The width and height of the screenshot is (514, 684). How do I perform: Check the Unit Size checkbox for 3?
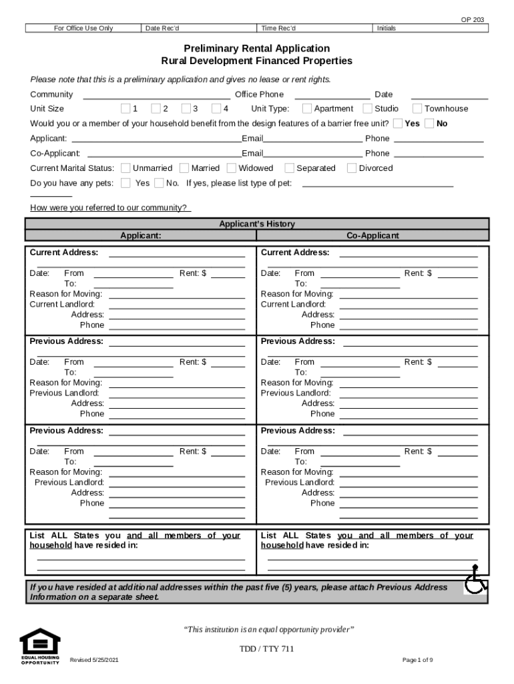[x=186, y=109]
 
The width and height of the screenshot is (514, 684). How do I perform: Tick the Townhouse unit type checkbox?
[x=417, y=109]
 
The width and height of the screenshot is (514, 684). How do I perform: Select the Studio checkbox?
[x=368, y=109]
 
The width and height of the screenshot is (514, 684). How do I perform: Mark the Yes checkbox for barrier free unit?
[x=398, y=124]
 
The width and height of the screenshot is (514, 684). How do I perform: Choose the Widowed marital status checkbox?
[x=232, y=168]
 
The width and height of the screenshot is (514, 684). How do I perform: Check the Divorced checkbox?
[x=352, y=168]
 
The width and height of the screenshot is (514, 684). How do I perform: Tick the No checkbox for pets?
[x=159, y=183]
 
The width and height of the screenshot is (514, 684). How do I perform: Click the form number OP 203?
[x=473, y=20]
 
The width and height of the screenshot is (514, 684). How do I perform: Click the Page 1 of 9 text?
[x=418, y=661]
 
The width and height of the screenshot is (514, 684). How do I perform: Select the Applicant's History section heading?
[x=257, y=224]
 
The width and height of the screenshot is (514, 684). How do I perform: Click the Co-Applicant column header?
[x=372, y=236]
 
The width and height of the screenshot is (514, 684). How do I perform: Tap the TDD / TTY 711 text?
[x=267, y=649]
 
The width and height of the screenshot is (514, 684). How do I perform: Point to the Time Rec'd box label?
[x=278, y=28]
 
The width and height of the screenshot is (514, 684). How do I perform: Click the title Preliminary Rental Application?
[x=257, y=49]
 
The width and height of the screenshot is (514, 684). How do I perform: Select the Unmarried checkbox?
[x=125, y=168]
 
